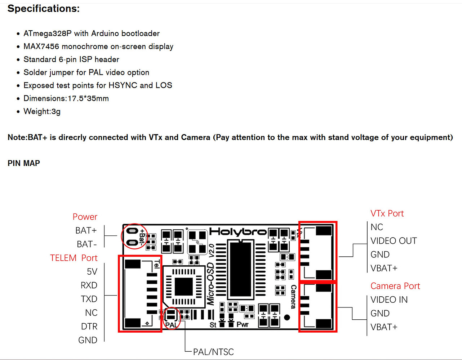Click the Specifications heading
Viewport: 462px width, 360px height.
44,9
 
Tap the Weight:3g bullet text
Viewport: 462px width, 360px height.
42,112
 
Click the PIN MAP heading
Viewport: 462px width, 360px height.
24,163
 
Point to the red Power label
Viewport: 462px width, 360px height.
85,217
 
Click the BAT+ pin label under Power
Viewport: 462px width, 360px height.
86,230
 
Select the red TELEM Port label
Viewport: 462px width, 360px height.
74,258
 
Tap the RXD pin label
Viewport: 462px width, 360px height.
89,285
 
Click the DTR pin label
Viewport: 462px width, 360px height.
89,327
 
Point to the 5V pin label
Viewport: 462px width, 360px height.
92,272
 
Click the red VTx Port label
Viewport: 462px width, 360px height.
387,213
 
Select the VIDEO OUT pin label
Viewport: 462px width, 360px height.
394,241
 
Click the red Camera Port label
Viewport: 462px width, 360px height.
395,286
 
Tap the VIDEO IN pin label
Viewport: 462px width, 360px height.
389,300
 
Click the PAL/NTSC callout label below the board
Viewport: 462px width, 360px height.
213,352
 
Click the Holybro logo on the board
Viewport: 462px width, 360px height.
238,232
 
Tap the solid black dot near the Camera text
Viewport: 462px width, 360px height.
287,317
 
